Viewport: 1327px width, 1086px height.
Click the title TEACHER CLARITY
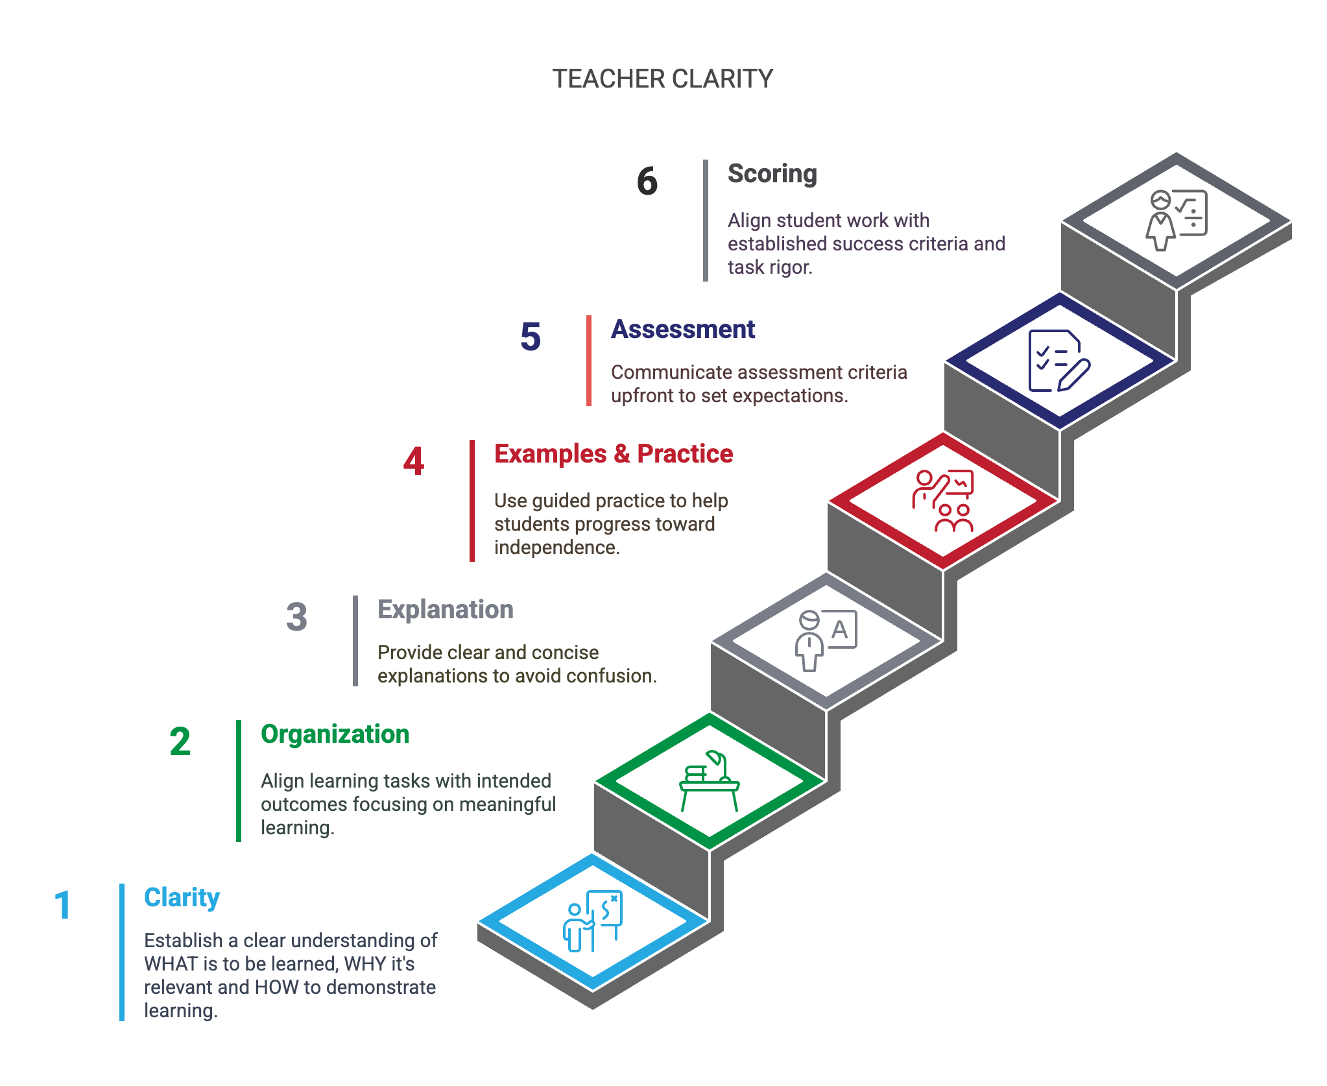[x=662, y=78]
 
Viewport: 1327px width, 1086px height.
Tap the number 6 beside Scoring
[x=647, y=181]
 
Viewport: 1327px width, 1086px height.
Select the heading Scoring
[x=772, y=174]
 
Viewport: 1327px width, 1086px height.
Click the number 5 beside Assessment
[x=530, y=337]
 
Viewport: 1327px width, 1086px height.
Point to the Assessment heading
[x=683, y=330]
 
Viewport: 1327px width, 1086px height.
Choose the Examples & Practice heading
[x=614, y=454]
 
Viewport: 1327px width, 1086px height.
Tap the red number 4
[x=413, y=461]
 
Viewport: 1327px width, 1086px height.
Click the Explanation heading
[x=445, y=610]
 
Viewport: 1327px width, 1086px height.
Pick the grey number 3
[x=296, y=617]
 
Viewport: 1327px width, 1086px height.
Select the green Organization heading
[x=335, y=734]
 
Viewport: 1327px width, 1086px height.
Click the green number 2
[x=180, y=742]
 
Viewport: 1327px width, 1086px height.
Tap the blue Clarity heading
[x=182, y=898]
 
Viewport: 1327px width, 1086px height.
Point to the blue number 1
[x=63, y=905]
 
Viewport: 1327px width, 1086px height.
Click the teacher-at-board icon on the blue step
[x=592, y=921]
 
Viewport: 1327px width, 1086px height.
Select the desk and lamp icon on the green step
[x=709, y=780]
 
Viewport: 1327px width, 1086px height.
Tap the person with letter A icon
[x=826, y=640]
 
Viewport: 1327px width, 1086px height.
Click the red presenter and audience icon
[x=943, y=500]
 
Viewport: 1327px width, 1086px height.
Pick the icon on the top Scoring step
[x=1176, y=220]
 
